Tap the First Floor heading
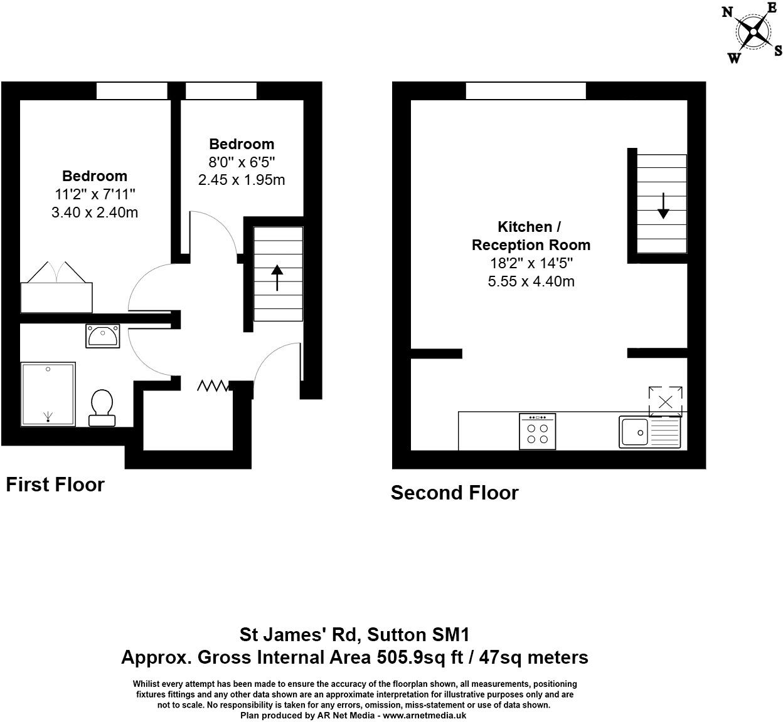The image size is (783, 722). point(55,484)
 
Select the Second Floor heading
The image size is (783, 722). point(454,493)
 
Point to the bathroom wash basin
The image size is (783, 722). point(102,336)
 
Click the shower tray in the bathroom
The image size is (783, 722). point(48,394)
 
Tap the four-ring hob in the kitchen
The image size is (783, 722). point(537,432)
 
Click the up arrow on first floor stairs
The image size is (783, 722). point(277,278)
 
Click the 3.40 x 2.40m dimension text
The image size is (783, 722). point(95,212)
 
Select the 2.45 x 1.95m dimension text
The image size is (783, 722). point(242,180)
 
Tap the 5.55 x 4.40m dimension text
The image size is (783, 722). point(531,281)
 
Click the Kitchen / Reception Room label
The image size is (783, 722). point(531,236)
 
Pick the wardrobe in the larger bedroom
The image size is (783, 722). point(56,297)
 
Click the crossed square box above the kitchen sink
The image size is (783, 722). point(665,401)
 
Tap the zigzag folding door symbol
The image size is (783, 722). point(214,386)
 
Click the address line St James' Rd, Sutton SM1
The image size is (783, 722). point(354,635)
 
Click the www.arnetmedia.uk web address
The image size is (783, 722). point(424,715)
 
